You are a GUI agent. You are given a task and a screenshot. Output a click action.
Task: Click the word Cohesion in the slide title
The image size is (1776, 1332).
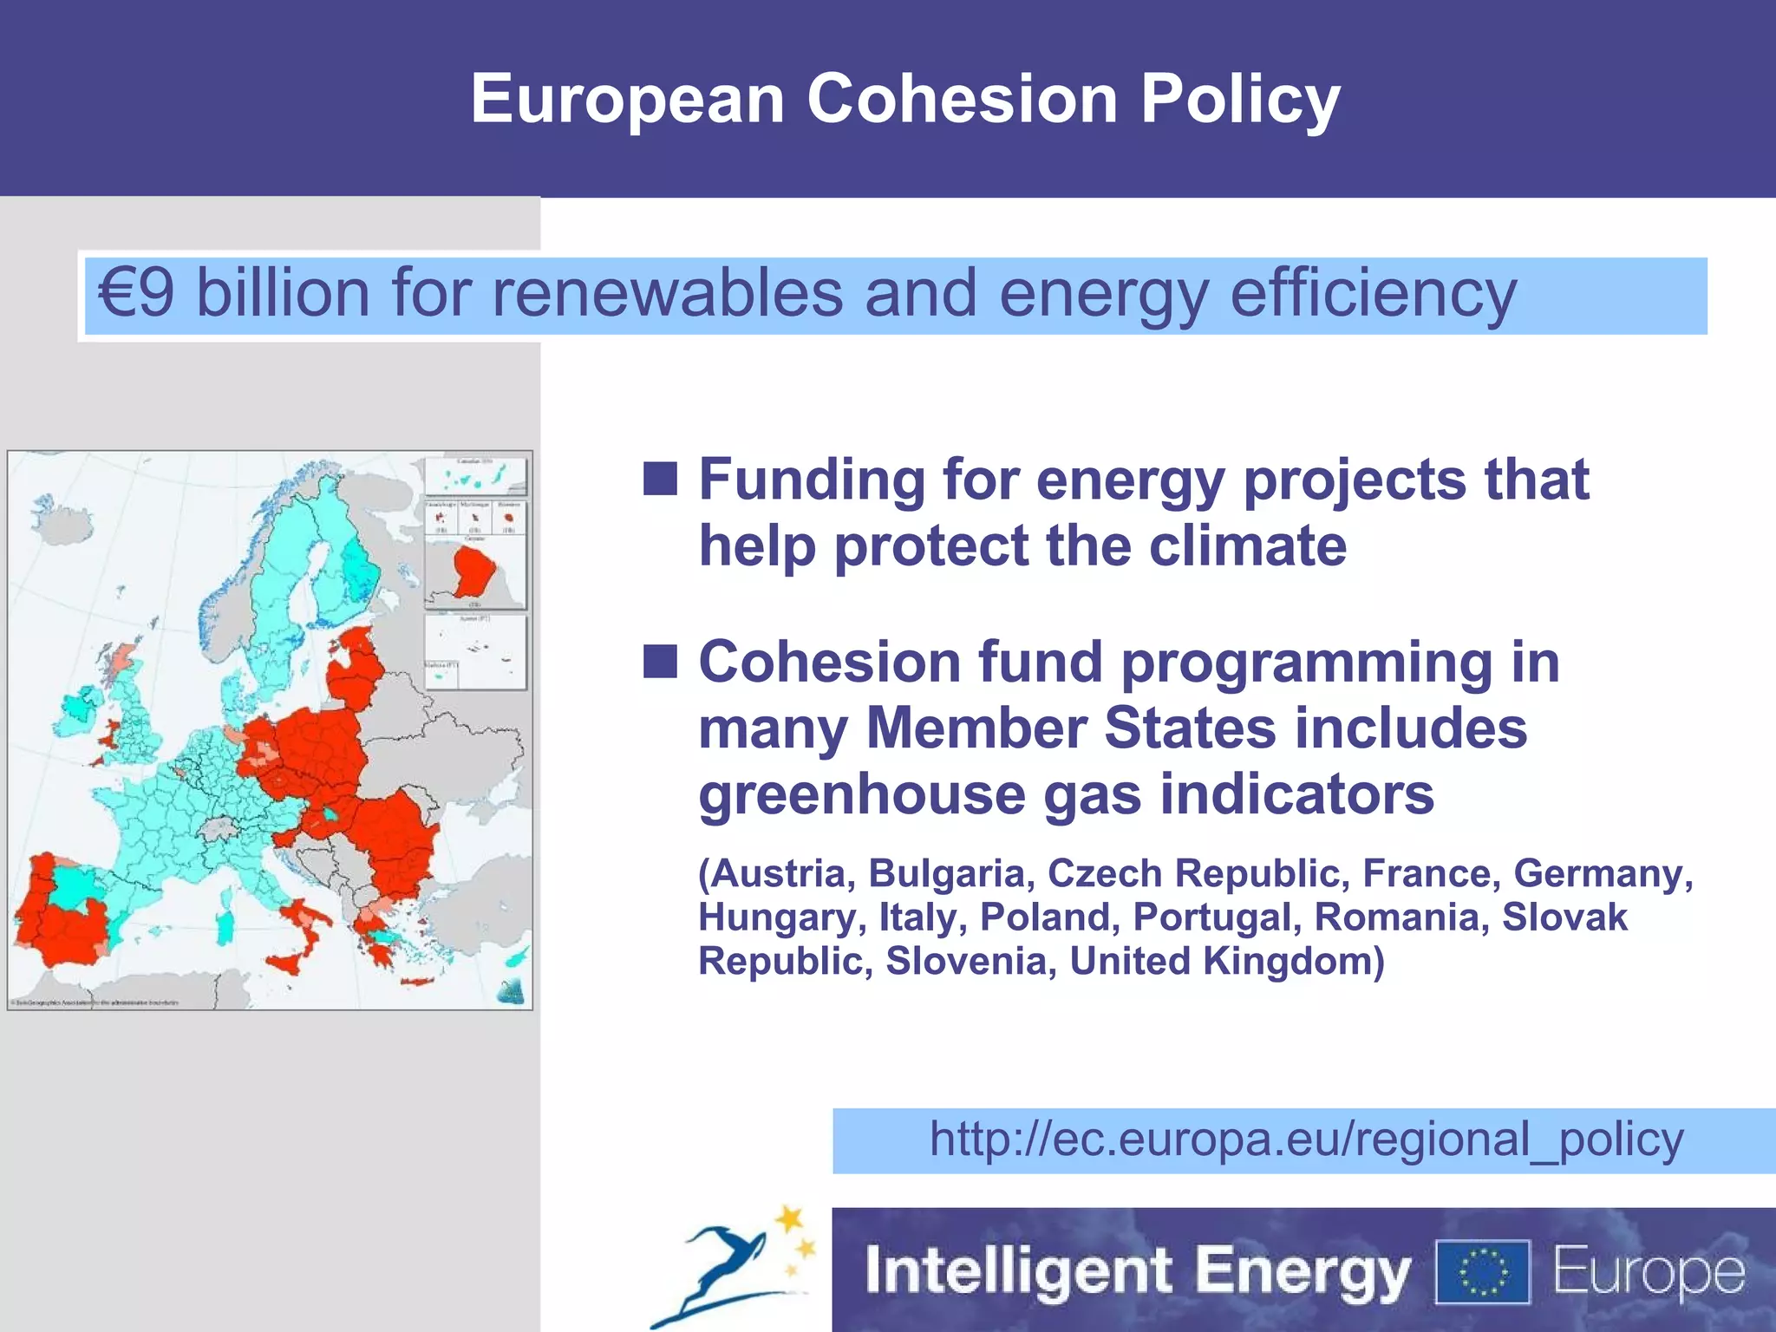[962, 99]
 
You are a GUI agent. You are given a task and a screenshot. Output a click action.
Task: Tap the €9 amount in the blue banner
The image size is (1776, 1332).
[136, 293]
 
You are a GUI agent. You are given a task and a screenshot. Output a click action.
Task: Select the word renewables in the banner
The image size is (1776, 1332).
[667, 293]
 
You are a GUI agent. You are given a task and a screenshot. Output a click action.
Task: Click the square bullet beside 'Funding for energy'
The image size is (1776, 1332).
[660, 478]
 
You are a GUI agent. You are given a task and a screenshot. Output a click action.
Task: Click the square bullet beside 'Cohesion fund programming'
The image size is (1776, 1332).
[660, 661]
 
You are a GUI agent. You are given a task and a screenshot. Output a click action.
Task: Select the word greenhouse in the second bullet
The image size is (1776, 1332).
[861, 794]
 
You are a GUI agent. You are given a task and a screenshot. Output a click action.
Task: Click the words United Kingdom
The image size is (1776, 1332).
[1226, 962]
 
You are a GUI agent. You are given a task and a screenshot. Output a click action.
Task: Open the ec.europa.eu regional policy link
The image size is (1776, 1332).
[1306, 1139]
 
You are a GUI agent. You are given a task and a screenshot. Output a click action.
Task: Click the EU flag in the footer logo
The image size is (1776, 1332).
[1482, 1272]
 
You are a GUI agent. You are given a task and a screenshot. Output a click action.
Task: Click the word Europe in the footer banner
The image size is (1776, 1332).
[1648, 1272]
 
